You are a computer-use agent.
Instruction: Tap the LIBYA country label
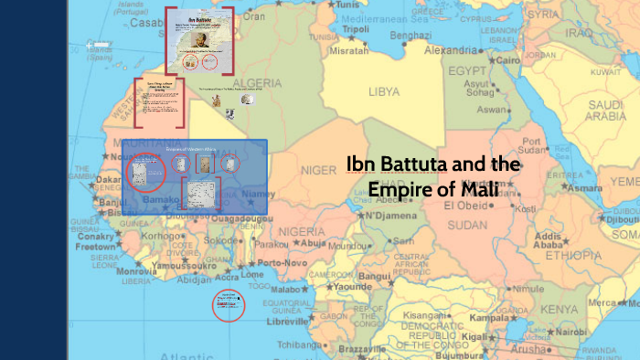click(384, 92)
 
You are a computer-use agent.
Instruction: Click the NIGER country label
click(318, 169)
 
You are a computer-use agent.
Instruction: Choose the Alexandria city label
click(457, 50)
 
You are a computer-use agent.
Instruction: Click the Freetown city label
click(96, 247)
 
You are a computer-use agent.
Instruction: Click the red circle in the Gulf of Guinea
click(227, 305)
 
